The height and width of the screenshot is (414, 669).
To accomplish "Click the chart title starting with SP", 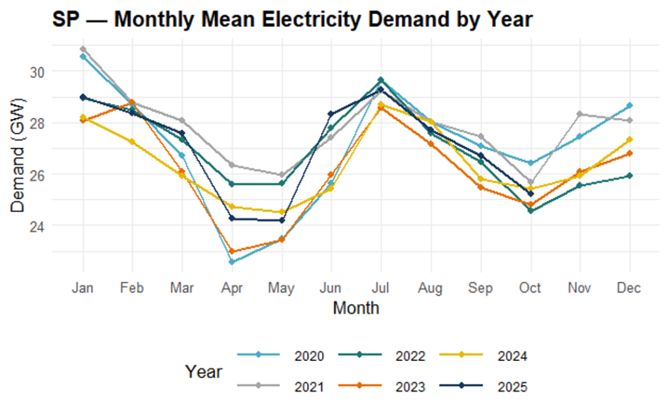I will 292,20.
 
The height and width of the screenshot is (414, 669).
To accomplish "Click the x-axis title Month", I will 355,307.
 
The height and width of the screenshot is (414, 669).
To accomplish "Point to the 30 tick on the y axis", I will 38,71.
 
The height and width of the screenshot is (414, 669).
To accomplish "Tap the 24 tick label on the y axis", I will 38,226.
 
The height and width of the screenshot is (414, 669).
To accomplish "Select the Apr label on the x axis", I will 232,288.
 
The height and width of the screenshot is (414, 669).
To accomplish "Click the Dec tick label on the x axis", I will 629,288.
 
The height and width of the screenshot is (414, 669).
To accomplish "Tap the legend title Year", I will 203,372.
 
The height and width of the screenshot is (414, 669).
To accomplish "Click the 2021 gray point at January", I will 83,49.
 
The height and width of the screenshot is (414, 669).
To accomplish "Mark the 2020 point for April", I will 232,262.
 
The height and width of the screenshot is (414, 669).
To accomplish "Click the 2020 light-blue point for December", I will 629,105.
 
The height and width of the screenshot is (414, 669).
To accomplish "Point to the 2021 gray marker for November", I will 579,114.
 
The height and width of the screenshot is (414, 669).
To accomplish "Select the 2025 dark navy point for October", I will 530,194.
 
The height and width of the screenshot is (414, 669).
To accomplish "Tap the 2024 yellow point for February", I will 133,142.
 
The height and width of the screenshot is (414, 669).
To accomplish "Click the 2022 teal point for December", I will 629,176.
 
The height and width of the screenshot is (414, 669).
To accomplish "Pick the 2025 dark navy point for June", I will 331,114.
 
